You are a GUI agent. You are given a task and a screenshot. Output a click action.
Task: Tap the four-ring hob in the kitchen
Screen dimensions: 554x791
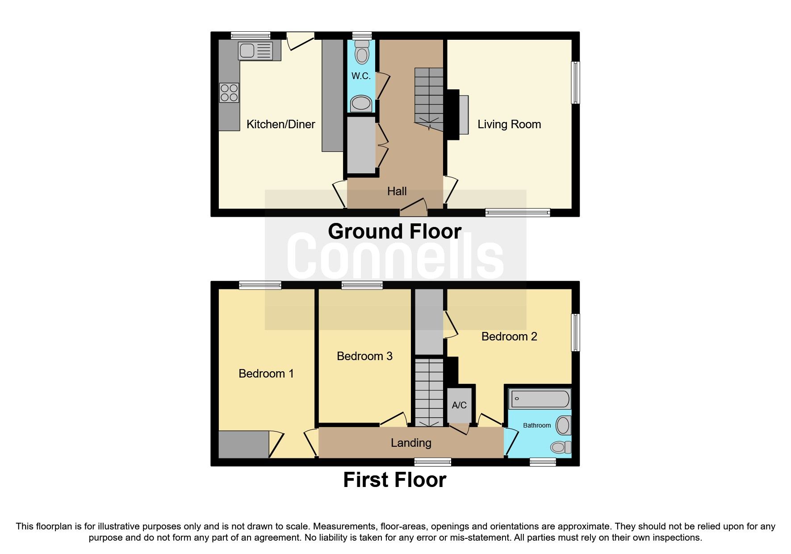pos(229,93)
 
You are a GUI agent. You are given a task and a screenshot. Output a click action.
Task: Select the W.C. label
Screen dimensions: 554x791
pos(361,76)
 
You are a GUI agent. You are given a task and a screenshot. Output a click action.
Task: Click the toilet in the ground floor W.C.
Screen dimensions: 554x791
pos(362,53)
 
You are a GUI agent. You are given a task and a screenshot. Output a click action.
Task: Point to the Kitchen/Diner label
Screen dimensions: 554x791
pos(280,124)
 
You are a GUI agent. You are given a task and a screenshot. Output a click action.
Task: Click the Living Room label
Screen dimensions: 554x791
pos(509,124)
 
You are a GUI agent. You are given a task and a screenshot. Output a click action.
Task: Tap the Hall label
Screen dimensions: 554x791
pos(397,191)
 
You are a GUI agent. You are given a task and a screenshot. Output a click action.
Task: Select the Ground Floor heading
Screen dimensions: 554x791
pos(395,231)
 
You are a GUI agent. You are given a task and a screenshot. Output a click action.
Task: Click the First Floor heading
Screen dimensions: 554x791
pos(395,480)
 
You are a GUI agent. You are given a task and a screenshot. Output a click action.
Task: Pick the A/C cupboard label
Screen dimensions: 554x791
pos(459,405)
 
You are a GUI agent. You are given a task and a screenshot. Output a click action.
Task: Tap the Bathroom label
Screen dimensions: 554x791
pos(537,425)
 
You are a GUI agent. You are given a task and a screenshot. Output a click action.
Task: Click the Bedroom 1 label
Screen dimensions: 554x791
pos(266,374)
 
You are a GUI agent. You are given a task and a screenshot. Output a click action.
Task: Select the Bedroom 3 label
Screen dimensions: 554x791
pos(364,356)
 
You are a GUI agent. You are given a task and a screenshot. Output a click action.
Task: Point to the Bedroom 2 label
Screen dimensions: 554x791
pos(509,336)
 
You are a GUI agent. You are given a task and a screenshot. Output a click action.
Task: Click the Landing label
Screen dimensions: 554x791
pos(411,443)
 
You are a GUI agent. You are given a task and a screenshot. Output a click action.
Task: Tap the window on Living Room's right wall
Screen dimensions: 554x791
pos(576,83)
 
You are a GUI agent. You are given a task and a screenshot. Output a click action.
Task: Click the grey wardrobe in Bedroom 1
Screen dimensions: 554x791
pos(243,444)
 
